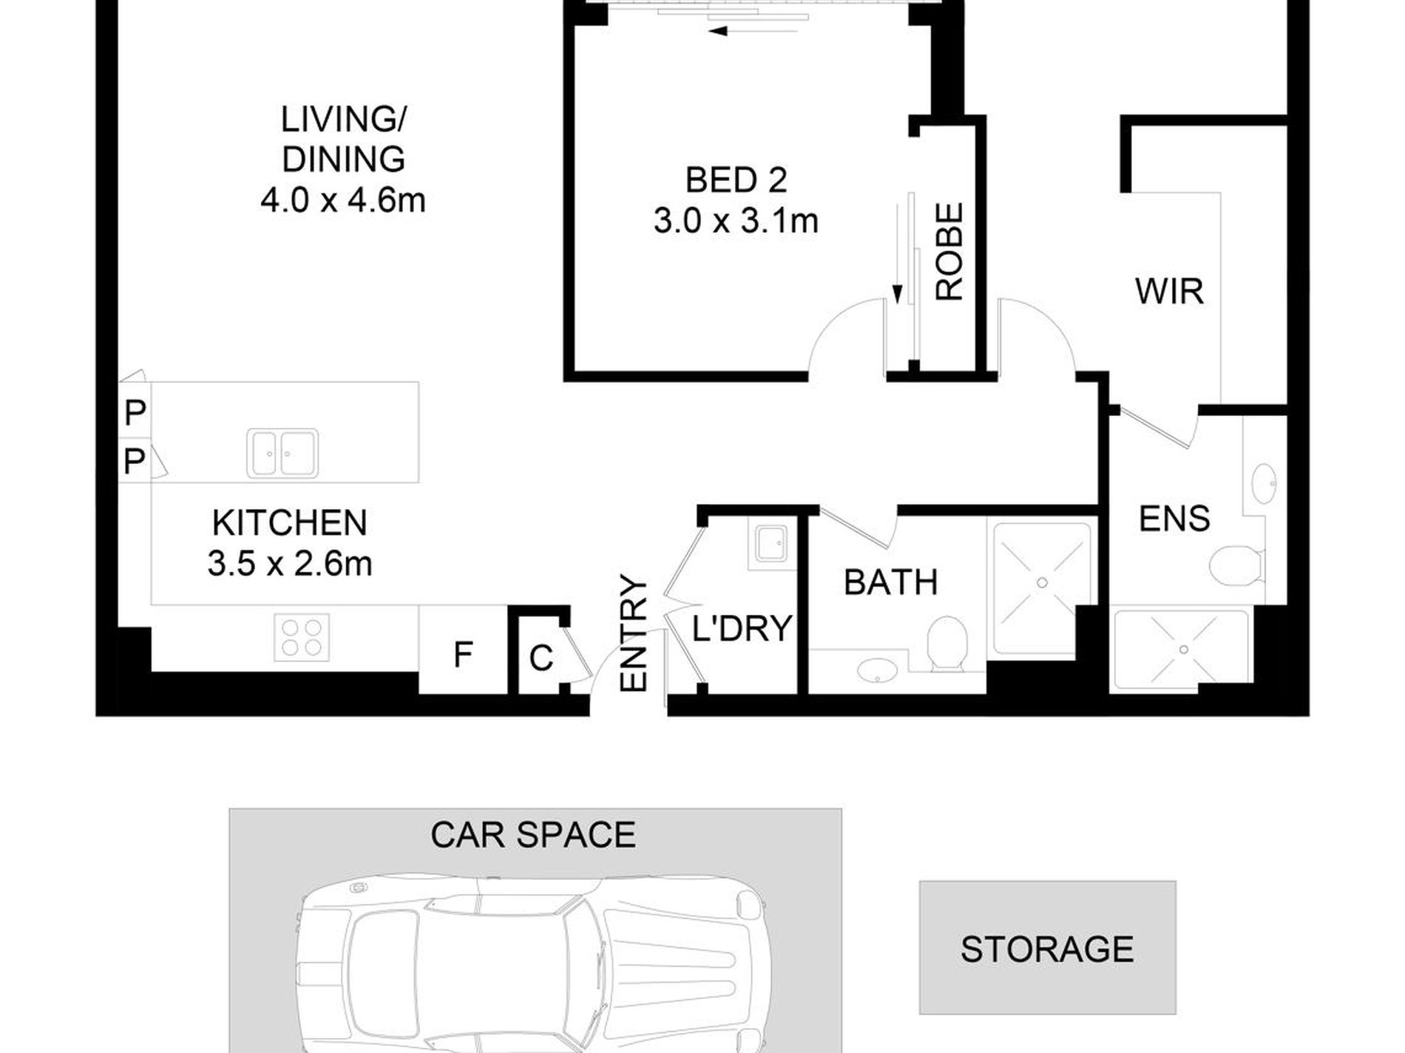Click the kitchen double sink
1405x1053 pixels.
[283, 453]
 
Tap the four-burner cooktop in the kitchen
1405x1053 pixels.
[302, 637]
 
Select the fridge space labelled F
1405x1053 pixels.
[463, 655]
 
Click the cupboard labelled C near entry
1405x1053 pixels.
[541, 658]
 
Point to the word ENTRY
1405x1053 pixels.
[634, 634]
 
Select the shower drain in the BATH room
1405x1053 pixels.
[1042, 583]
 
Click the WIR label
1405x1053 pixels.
[1169, 292]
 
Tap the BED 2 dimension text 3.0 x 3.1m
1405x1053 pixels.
[736, 221]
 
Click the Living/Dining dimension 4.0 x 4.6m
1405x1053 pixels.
[343, 200]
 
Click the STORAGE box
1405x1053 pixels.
[1047, 949]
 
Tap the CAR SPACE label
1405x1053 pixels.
[533, 835]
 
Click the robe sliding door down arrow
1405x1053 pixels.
[897, 293]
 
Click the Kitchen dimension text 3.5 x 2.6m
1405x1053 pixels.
[290, 565]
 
